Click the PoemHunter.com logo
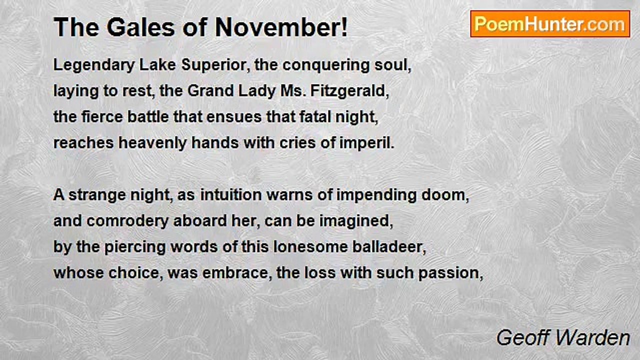click(550, 24)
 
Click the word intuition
click(231, 195)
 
